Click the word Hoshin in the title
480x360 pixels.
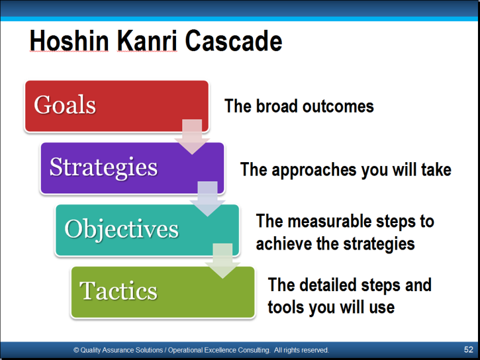70,41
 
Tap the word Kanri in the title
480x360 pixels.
147,41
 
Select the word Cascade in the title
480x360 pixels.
234,41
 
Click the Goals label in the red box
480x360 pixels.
65,105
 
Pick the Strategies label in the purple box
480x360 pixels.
103,167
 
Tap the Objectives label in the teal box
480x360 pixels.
122,230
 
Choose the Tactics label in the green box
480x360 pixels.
118,291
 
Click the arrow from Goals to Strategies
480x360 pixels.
192,136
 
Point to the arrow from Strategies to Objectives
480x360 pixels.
207,199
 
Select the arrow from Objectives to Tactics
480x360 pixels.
222,261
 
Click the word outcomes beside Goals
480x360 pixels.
338,106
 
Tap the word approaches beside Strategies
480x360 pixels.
314,170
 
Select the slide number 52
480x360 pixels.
468,349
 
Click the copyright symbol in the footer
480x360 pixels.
76,350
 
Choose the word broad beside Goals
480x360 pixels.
277,106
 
